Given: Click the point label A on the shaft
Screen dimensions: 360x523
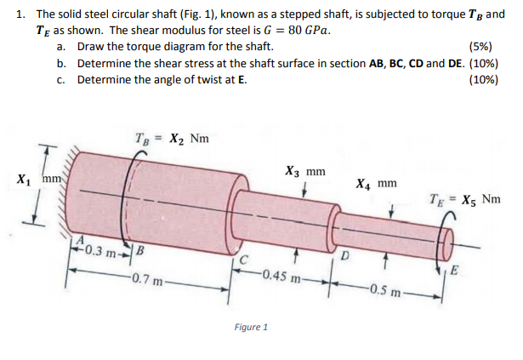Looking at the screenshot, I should [x=82, y=239].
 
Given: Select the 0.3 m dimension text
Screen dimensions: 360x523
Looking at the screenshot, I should [x=107, y=253].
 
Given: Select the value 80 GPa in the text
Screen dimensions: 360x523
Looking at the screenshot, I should [x=303, y=31].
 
